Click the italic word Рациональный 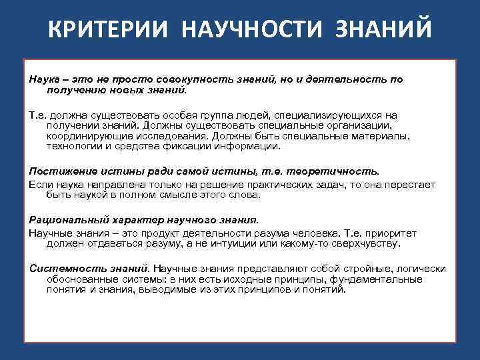(65, 219)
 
